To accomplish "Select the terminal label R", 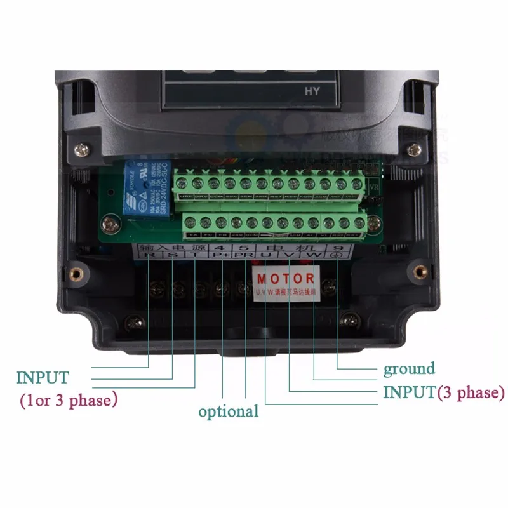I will click(149, 256).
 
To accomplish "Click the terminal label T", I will click(195, 256).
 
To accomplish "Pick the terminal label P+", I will click(221, 256).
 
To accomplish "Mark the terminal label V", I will click(290, 256).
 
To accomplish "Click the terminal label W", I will click(314, 256).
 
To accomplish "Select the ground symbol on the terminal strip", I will click(337, 257).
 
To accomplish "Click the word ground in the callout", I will click(408, 369).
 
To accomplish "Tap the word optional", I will click(228, 411).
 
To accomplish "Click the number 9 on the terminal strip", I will click(337, 246).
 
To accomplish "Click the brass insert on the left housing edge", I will click(75, 274).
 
